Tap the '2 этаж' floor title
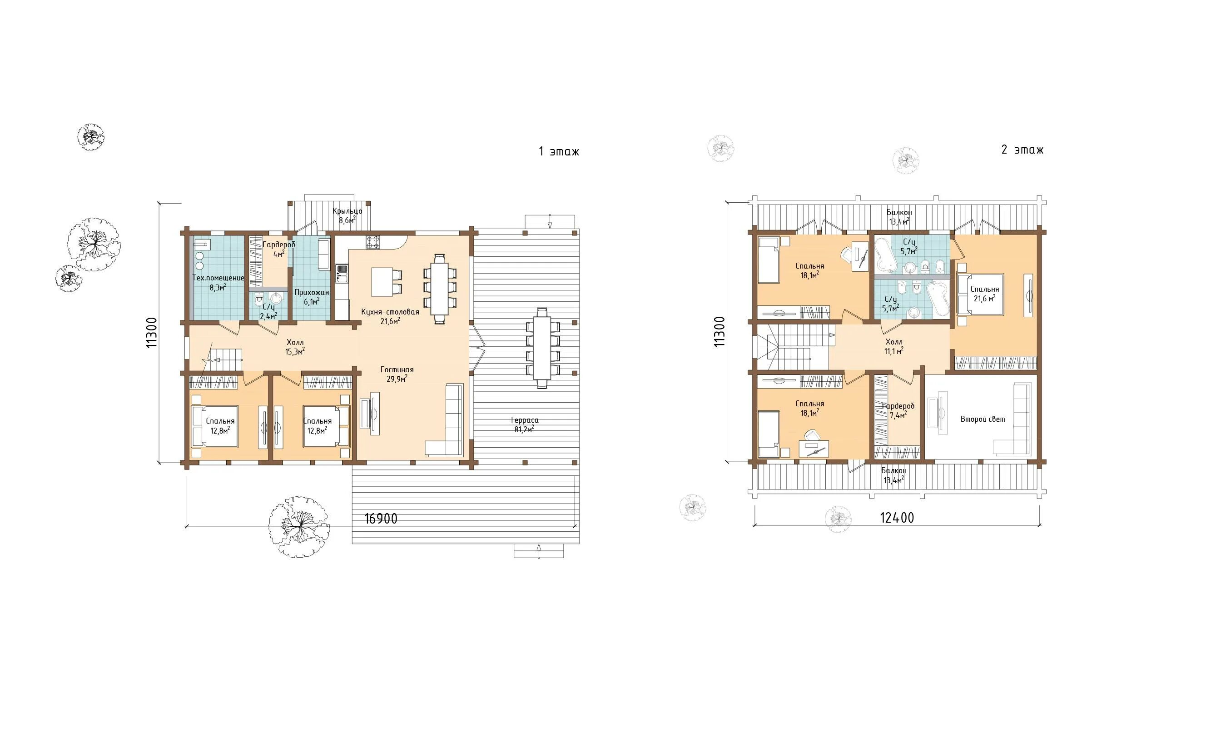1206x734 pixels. coord(1022,150)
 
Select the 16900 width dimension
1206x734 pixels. coord(381,519)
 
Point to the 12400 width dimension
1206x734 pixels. coord(897,518)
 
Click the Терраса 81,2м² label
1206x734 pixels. coord(524,424)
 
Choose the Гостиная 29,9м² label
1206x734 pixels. coord(397,374)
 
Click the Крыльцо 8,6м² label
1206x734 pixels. coord(347,215)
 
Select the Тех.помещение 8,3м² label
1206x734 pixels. coord(218,283)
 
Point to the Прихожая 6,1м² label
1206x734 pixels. coord(312,297)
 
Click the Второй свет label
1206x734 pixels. coord(983,419)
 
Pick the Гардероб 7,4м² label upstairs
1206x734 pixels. coord(898,410)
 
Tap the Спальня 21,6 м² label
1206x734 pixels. coord(984,294)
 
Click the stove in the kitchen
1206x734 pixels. coord(372,242)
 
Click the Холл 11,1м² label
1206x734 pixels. coord(894,346)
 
